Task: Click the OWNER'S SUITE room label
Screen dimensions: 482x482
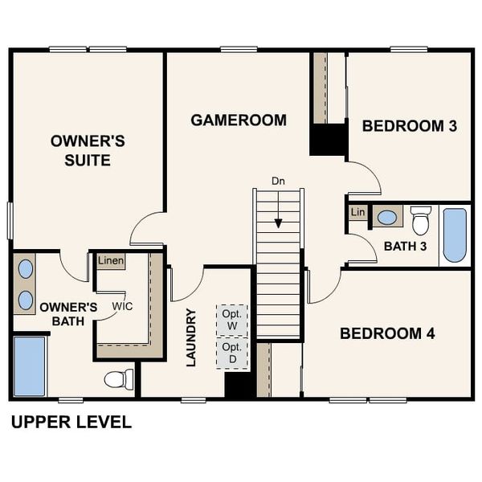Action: (x=88, y=150)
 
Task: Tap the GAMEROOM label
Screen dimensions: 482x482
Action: (x=239, y=120)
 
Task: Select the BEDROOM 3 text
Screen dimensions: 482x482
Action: (x=410, y=125)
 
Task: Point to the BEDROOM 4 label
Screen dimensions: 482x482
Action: (x=387, y=333)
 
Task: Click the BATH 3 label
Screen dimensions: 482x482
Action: (x=405, y=246)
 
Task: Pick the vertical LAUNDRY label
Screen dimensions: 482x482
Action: (x=191, y=337)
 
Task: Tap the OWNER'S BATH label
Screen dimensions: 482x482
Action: (x=68, y=314)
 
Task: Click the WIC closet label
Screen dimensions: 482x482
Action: (x=122, y=306)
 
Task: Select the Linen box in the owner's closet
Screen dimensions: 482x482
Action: (x=111, y=261)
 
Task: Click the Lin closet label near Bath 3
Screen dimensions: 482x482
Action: (x=358, y=212)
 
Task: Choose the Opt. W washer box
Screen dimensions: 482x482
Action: (x=232, y=321)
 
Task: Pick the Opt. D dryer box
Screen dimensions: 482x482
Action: (x=232, y=353)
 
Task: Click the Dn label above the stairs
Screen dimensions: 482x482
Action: (x=278, y=181)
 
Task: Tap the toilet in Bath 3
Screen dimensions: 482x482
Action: (x=421, y=220)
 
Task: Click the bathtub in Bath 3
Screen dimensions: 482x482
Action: (x=455, y=235)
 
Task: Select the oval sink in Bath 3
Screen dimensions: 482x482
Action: (x=387, y=217)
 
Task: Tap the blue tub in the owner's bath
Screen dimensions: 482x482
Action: (x=30, y=366)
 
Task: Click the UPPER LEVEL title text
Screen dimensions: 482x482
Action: (x=71, y=423)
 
